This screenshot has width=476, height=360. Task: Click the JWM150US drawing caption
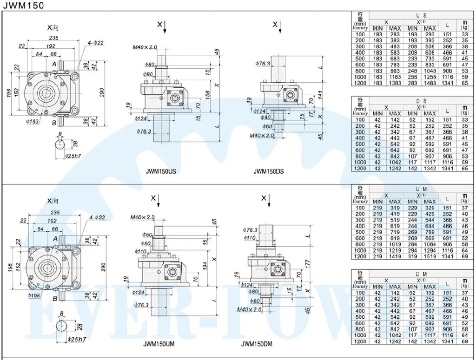tap(161, 171)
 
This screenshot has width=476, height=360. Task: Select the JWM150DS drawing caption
tap(269, 171)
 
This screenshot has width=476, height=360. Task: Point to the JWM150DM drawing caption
tap(257, 344)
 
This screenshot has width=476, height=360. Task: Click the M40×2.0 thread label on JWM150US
tap(145, 47)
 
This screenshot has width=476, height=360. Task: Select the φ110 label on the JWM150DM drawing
tap(250, 237)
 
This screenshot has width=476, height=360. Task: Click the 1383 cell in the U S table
tap(395, 83)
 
